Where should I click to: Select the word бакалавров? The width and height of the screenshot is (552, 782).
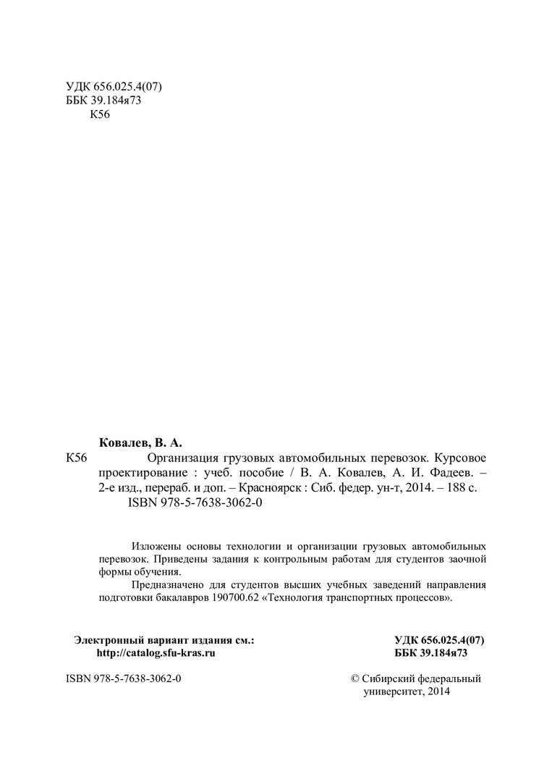tap(186, 599)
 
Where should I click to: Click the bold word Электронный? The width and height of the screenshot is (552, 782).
tap(109, 639)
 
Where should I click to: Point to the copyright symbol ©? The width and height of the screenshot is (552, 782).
tap(354, 679)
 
